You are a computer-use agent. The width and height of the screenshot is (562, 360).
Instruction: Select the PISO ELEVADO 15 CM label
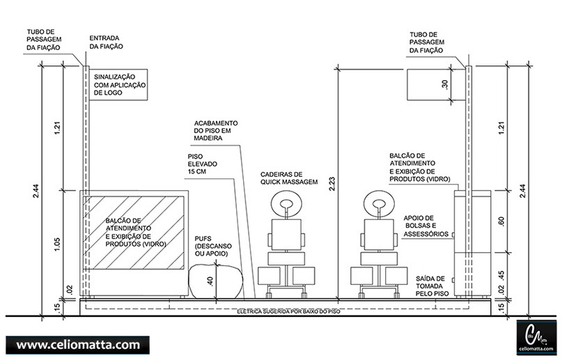click(x=203, y=164)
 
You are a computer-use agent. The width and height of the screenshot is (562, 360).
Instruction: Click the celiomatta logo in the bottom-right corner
click(x=536, y=336)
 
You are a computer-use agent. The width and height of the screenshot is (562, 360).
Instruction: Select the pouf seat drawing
click(x=217, y=281)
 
